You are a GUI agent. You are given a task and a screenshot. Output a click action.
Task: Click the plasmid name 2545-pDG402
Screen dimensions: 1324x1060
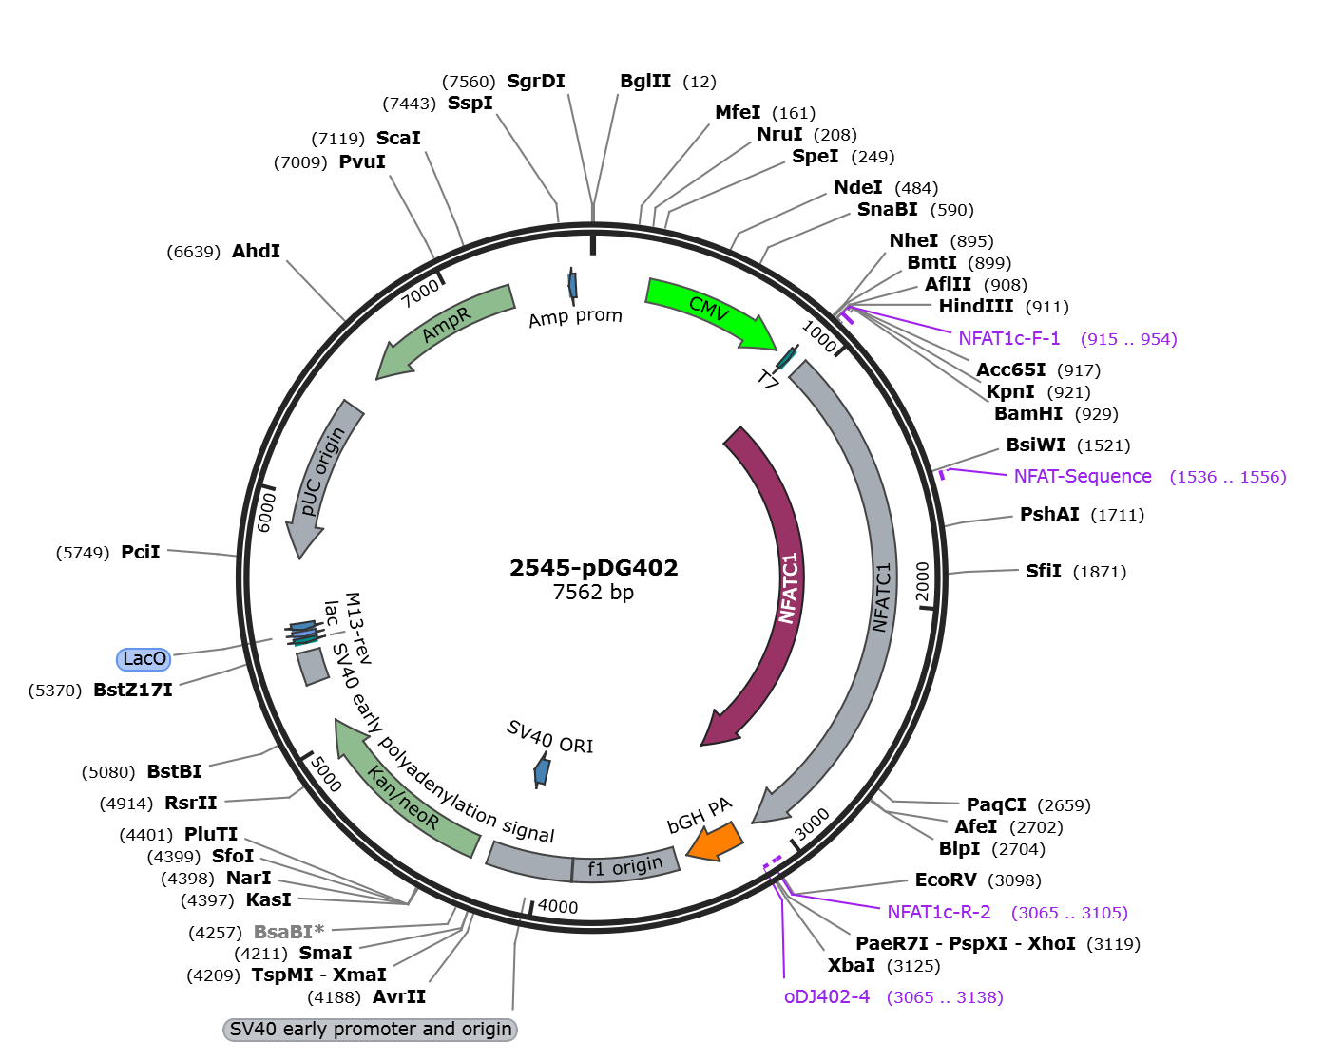click(594, 567)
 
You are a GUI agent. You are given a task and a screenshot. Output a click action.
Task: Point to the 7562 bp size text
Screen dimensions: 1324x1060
click(593, 592)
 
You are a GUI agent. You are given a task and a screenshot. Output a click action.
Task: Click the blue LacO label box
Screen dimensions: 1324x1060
click(144, 659)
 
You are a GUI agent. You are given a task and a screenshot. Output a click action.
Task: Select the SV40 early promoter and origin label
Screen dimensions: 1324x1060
click(370, 1030)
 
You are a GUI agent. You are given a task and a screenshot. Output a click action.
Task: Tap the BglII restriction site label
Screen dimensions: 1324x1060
click(645, 81)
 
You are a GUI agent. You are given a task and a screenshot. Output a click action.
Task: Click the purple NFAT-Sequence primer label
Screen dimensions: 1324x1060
click(1083, 477)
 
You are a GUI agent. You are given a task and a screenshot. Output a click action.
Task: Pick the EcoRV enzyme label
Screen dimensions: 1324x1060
click(946, 880)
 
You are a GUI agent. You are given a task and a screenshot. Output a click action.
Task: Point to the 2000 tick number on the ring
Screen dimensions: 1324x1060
click(922, 581)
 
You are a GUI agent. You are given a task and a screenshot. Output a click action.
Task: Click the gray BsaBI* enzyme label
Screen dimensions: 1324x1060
click(289, 932)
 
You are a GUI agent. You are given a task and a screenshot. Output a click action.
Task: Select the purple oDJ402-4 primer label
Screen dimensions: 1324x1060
click(827, 996)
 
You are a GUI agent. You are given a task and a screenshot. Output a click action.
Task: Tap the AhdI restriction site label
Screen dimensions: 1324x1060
click(256, 251)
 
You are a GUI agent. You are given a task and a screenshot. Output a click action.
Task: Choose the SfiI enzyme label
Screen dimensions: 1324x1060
click(1044, 571)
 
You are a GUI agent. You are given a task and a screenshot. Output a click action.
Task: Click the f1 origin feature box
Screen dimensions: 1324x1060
click(625, 865)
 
